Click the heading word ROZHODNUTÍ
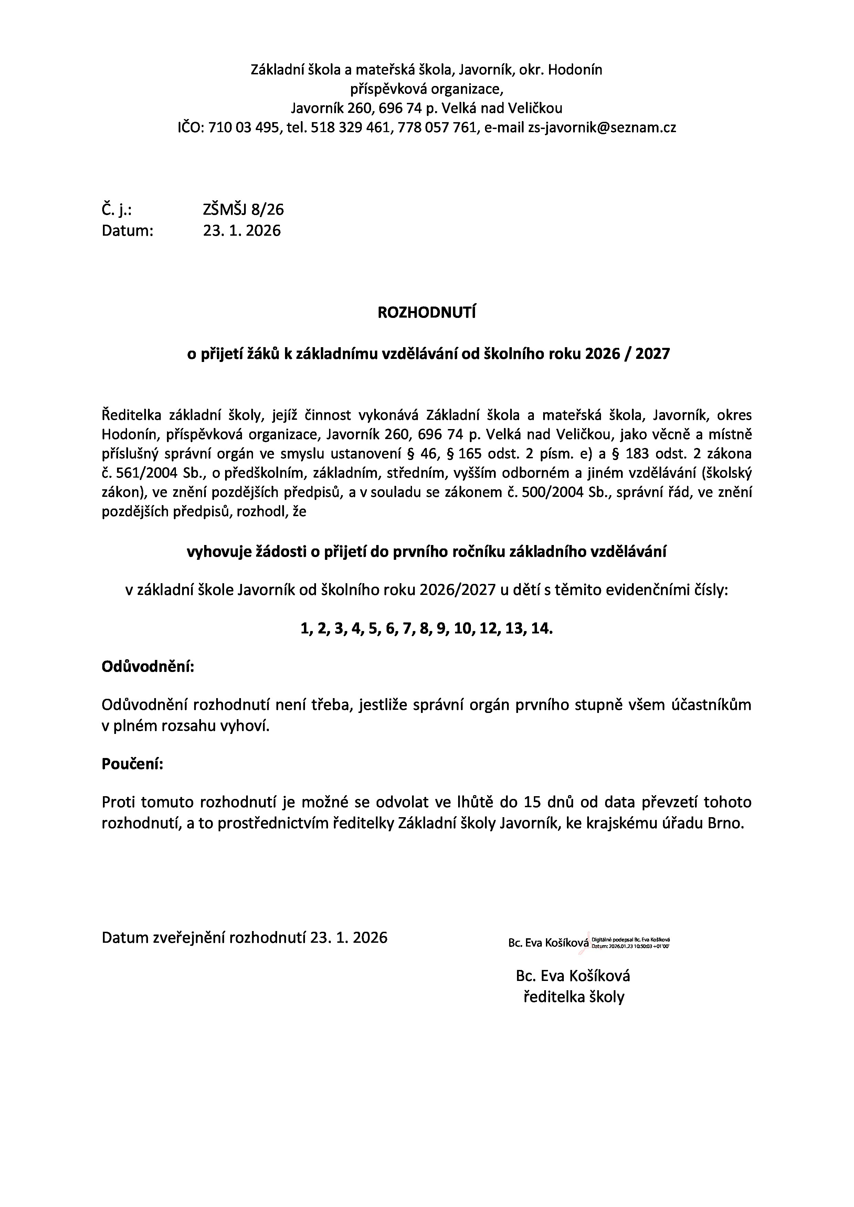point(426,313)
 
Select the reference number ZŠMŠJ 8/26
point(243,210)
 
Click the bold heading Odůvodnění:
point(148,667)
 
